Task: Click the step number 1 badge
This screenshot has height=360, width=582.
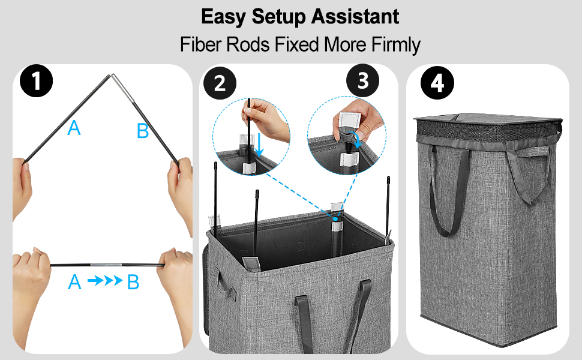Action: (x=37, y=81)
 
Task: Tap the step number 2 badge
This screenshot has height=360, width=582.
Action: (x=220, y=83)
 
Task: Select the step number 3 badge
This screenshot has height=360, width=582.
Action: (x=362, y=80)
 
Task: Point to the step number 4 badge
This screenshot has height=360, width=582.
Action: (x=437, y=83)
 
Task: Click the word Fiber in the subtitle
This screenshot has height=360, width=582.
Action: (x=201, y=44)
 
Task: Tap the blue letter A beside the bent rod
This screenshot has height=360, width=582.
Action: (x=74, y=128)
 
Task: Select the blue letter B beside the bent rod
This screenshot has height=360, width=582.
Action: (x=143, y=131)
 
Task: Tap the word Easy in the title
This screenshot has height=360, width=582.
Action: (x=224, y=17)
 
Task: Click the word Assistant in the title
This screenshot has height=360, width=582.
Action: (x=355, y=17)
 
